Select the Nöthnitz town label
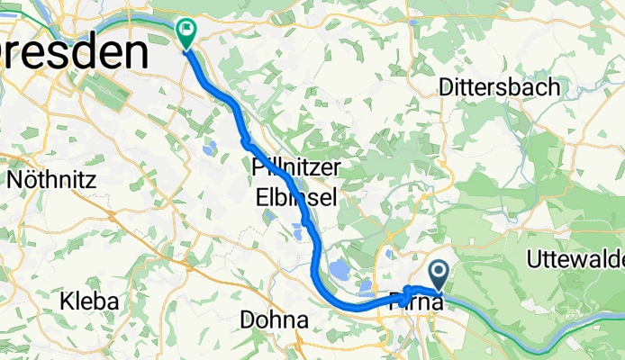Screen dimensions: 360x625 point(51,179)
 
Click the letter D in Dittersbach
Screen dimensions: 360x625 point(445,87)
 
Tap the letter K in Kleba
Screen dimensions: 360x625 point(65,300)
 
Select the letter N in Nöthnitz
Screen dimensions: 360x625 point(14,179)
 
